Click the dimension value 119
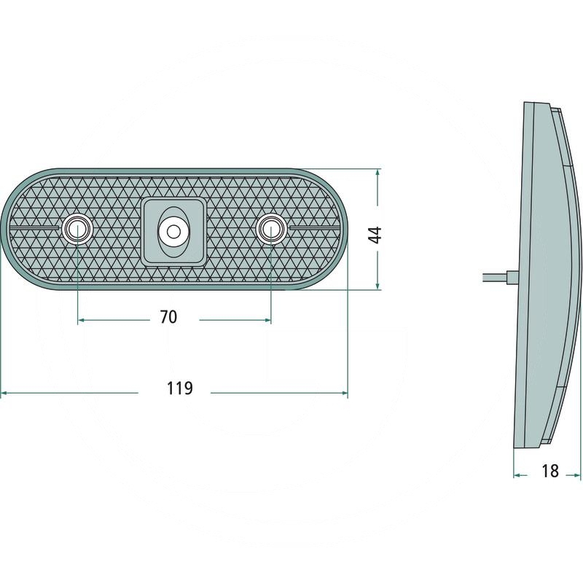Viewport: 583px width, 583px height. (x=180, y=388)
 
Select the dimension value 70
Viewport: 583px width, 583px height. (x=168, y=317)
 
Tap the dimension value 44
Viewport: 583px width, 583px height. (x=376, y=235)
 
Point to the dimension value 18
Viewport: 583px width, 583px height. (x=550, y=471)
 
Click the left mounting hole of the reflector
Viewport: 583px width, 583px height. (x=77, y=228)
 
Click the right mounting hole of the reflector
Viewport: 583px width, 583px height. (x=271, y=228)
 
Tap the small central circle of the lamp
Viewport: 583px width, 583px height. (x=173, y=232)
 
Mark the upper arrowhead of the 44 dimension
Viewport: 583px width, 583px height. (x=377, y=173)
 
